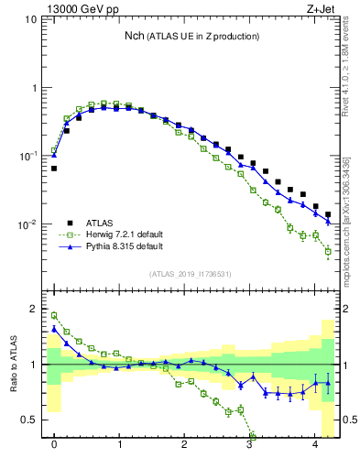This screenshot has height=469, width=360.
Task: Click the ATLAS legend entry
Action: pyautogui.click(x=102, y=223)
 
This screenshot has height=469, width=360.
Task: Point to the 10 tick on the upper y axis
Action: pyautogui.click(x=30, y=19)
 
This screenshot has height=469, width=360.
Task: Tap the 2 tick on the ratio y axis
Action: pyautogui.click(x=33, y=309)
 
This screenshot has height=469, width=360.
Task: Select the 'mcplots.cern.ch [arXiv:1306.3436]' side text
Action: pyautogui.click(x=347, y=215)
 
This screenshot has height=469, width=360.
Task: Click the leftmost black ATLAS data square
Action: pyautogui.click(x=54, y=169)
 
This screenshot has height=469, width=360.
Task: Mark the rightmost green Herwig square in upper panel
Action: pyautogui.click(x=328, y=251)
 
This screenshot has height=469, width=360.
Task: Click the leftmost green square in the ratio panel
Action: pyautogui.click(x=54, y=315)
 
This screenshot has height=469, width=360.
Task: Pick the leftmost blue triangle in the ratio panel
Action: pyautogui.click(x=54, y=329)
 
